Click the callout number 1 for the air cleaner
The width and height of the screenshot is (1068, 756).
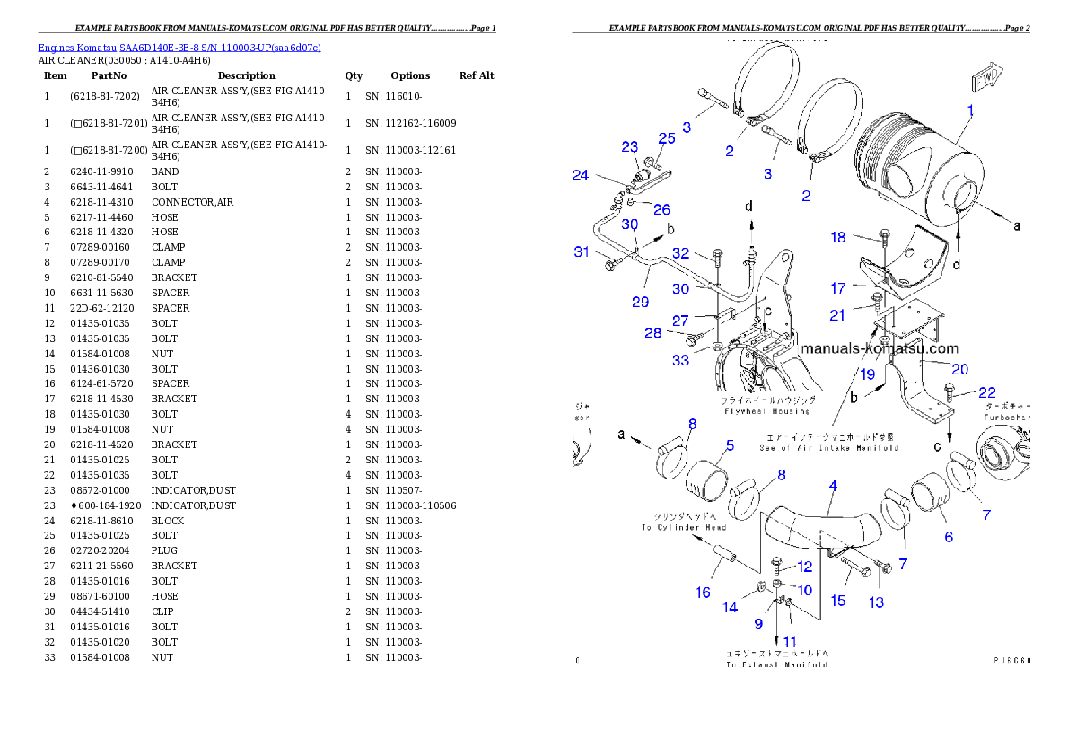pos(970,111)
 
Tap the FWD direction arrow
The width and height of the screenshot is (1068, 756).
pos(986,75)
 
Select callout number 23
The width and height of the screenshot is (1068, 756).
pos(629,147)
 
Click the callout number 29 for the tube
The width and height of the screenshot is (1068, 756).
pos(640,302)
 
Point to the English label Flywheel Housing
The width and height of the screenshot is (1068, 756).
pos(766,411)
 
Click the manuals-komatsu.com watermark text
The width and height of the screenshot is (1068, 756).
pos(880,348)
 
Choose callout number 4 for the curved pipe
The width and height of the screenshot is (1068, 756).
pos(833,486)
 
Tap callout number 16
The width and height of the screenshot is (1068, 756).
pos(703,592)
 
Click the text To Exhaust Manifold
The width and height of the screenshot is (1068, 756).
pos(777,664)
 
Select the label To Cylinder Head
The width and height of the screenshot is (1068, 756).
pos(684,528)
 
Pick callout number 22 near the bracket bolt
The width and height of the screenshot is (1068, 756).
pos(986,392)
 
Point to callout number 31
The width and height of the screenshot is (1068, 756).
pos(582,252)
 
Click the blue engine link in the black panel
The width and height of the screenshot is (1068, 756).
pos(179,47)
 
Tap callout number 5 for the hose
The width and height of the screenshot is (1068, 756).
pos(730,444)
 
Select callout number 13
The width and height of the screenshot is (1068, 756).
pos(875,602)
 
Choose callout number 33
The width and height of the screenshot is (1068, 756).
pos(681,360)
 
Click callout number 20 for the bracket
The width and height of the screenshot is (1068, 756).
pos(959,369)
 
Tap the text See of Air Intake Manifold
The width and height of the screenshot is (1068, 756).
pos(828,447)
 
